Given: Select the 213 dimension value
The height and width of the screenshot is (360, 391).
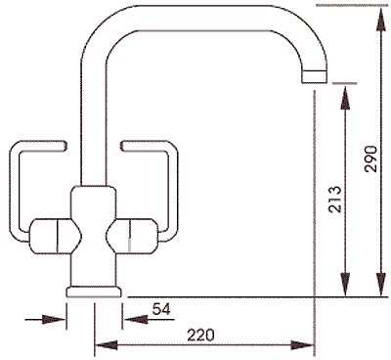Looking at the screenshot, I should [334, 200].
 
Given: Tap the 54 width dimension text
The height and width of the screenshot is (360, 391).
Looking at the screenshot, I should [162, 310].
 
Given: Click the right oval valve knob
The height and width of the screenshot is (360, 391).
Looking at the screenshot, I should [136, 235].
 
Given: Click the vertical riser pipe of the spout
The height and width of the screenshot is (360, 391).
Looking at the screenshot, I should [94, 127].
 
